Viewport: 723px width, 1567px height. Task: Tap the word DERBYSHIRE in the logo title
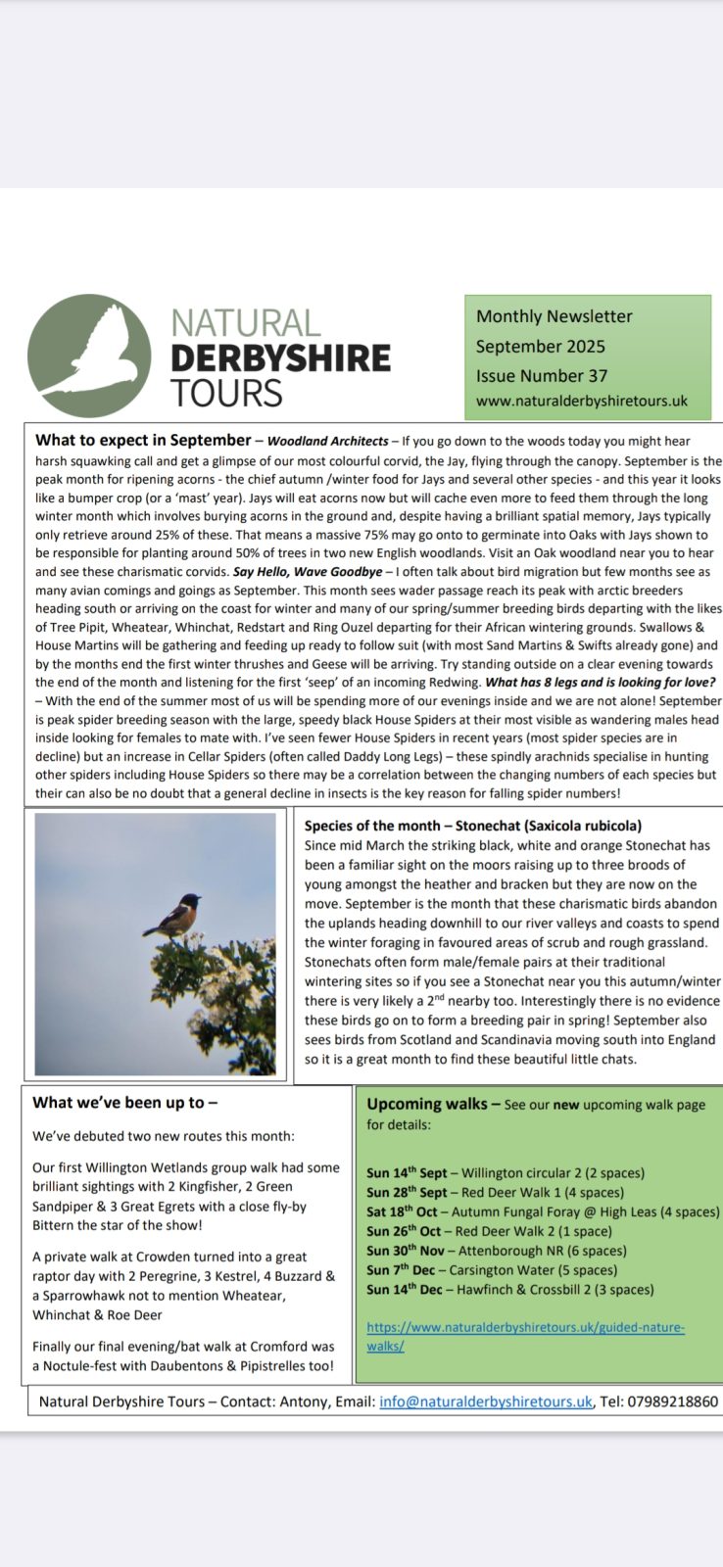coord(280,358)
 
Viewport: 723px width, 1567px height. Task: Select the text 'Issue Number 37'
coord(541,375)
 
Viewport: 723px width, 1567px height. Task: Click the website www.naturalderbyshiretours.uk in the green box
coord(582,401)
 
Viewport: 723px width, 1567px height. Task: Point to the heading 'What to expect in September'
coord(143,440)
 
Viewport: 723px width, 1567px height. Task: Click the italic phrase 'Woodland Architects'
coord(327,441)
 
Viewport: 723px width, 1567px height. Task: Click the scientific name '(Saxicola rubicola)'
coord(584,826)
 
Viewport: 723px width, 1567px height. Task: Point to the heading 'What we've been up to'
coord(124,1102)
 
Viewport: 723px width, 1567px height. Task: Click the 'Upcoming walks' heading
coord(426,1104)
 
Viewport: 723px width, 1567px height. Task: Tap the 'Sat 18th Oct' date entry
coord(402,1211)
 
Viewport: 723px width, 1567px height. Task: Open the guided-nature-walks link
coord(525,1328)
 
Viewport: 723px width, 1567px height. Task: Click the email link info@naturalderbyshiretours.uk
coord(486,1401)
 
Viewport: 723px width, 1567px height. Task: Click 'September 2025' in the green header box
coord(540,346)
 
